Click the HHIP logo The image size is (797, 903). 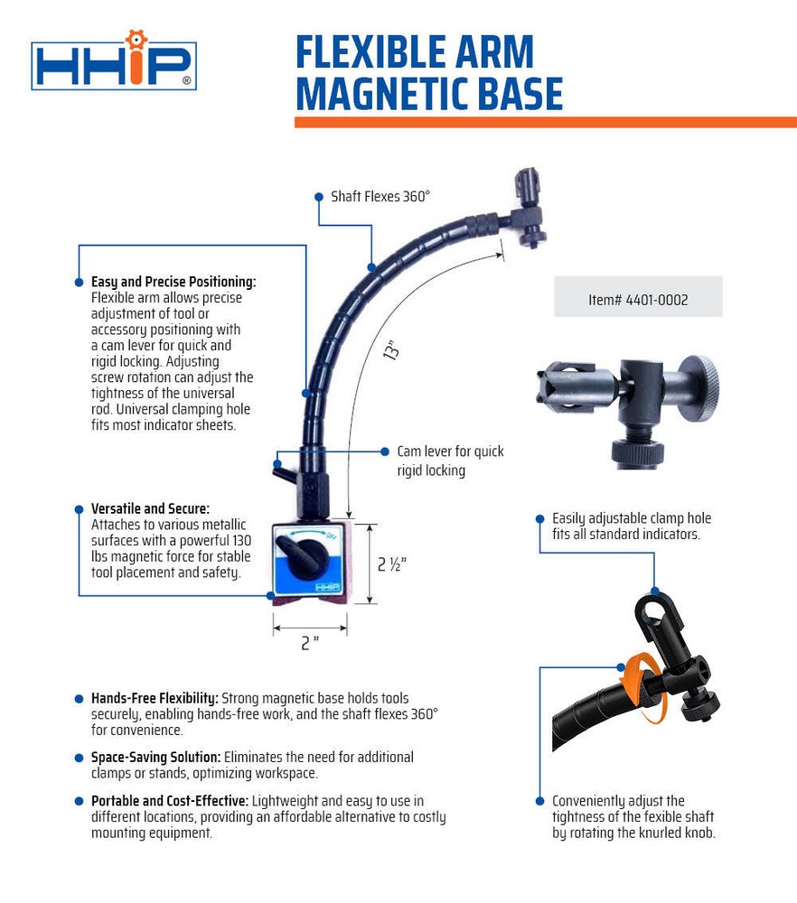tap(114, 63)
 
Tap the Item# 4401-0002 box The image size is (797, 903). tap(638, 297)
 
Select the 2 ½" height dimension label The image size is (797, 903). tap(392, 564)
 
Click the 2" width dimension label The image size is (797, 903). tap(310, 643)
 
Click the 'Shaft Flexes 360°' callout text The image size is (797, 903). tap(380, 196)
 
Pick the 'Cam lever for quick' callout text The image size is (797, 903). tap(450, 451)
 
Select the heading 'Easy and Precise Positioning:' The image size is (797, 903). tap(173, 282)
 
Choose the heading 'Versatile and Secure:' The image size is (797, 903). tap(150, 508)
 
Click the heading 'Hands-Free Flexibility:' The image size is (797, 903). tap(155, 698)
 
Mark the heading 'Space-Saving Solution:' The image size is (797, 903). tap(155, 757)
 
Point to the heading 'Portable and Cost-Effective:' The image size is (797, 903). tap(169, 801)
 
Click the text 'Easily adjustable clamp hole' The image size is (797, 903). tap(632, 518)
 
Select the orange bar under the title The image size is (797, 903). tap(545, 122)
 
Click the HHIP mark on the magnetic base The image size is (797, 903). tap(327, 586)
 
